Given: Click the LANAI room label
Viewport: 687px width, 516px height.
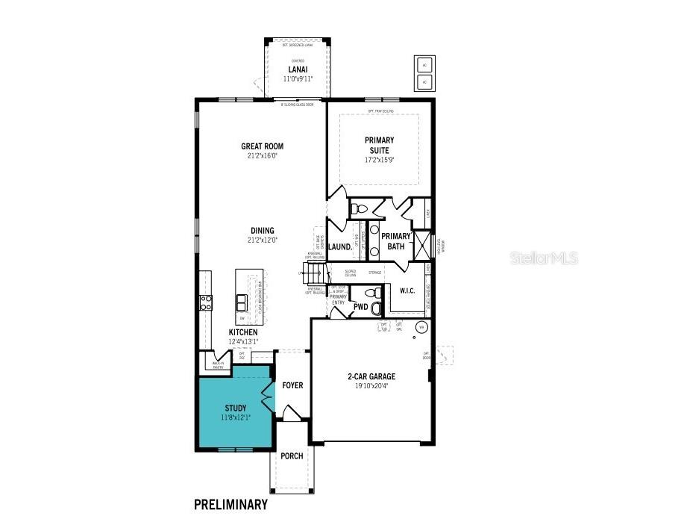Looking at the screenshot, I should point(298,69).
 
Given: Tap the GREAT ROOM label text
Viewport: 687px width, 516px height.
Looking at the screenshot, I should point(262,146).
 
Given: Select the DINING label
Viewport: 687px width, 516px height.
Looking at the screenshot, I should point(262,231).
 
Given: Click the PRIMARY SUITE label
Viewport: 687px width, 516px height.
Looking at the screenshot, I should point(379,145).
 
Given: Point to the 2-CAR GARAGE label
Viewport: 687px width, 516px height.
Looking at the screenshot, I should point(371,376).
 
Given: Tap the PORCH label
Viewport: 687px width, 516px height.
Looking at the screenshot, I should point(292,456).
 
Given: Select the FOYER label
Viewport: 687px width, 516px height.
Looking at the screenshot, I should point(292,385).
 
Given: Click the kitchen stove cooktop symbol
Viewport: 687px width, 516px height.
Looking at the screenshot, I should point(206,302).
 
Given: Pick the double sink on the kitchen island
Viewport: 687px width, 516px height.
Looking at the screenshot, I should point(242,302).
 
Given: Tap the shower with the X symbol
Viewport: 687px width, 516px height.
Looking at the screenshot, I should point(422,246).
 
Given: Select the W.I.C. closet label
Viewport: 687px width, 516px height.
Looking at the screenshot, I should point(407,290).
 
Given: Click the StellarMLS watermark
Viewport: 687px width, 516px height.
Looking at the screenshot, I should point(545,259).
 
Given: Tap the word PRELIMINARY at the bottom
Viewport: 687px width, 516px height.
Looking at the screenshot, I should point(230,504).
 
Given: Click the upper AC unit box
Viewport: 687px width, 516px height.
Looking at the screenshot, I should point(424,63).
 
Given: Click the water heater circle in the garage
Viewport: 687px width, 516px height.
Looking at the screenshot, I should point(421,327).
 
